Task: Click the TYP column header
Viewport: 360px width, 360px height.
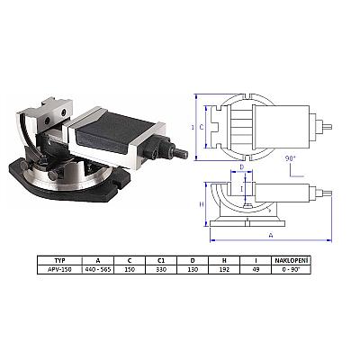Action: (x=60, y=260)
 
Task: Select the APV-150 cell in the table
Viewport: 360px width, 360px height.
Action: (x=59, y=269)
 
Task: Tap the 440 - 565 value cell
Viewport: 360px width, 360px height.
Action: (x=98, y=269)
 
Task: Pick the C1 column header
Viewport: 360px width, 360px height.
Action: (x=161, y=260)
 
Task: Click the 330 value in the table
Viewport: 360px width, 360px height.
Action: (x=161, y=269)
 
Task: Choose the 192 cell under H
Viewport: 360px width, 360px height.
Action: (x=224, y=269)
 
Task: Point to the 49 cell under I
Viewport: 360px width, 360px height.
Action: (x=256, y=269)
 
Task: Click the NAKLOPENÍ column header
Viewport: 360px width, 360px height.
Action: (x=292, y=260)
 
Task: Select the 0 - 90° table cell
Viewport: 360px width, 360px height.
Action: (x=292, y=269)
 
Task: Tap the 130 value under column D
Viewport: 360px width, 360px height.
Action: (x=193, y=269)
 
